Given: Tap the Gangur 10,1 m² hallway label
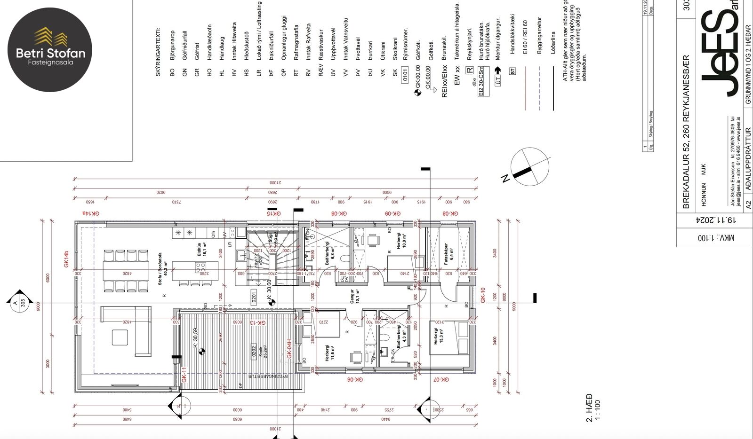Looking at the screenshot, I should point(355,297).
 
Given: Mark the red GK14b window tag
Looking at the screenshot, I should point(66,259).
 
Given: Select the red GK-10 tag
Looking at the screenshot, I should point(482,295).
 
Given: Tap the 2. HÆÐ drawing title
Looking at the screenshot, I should point(589,408).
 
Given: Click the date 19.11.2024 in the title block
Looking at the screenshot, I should point(715,220).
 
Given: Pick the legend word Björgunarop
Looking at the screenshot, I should point(172,45).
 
